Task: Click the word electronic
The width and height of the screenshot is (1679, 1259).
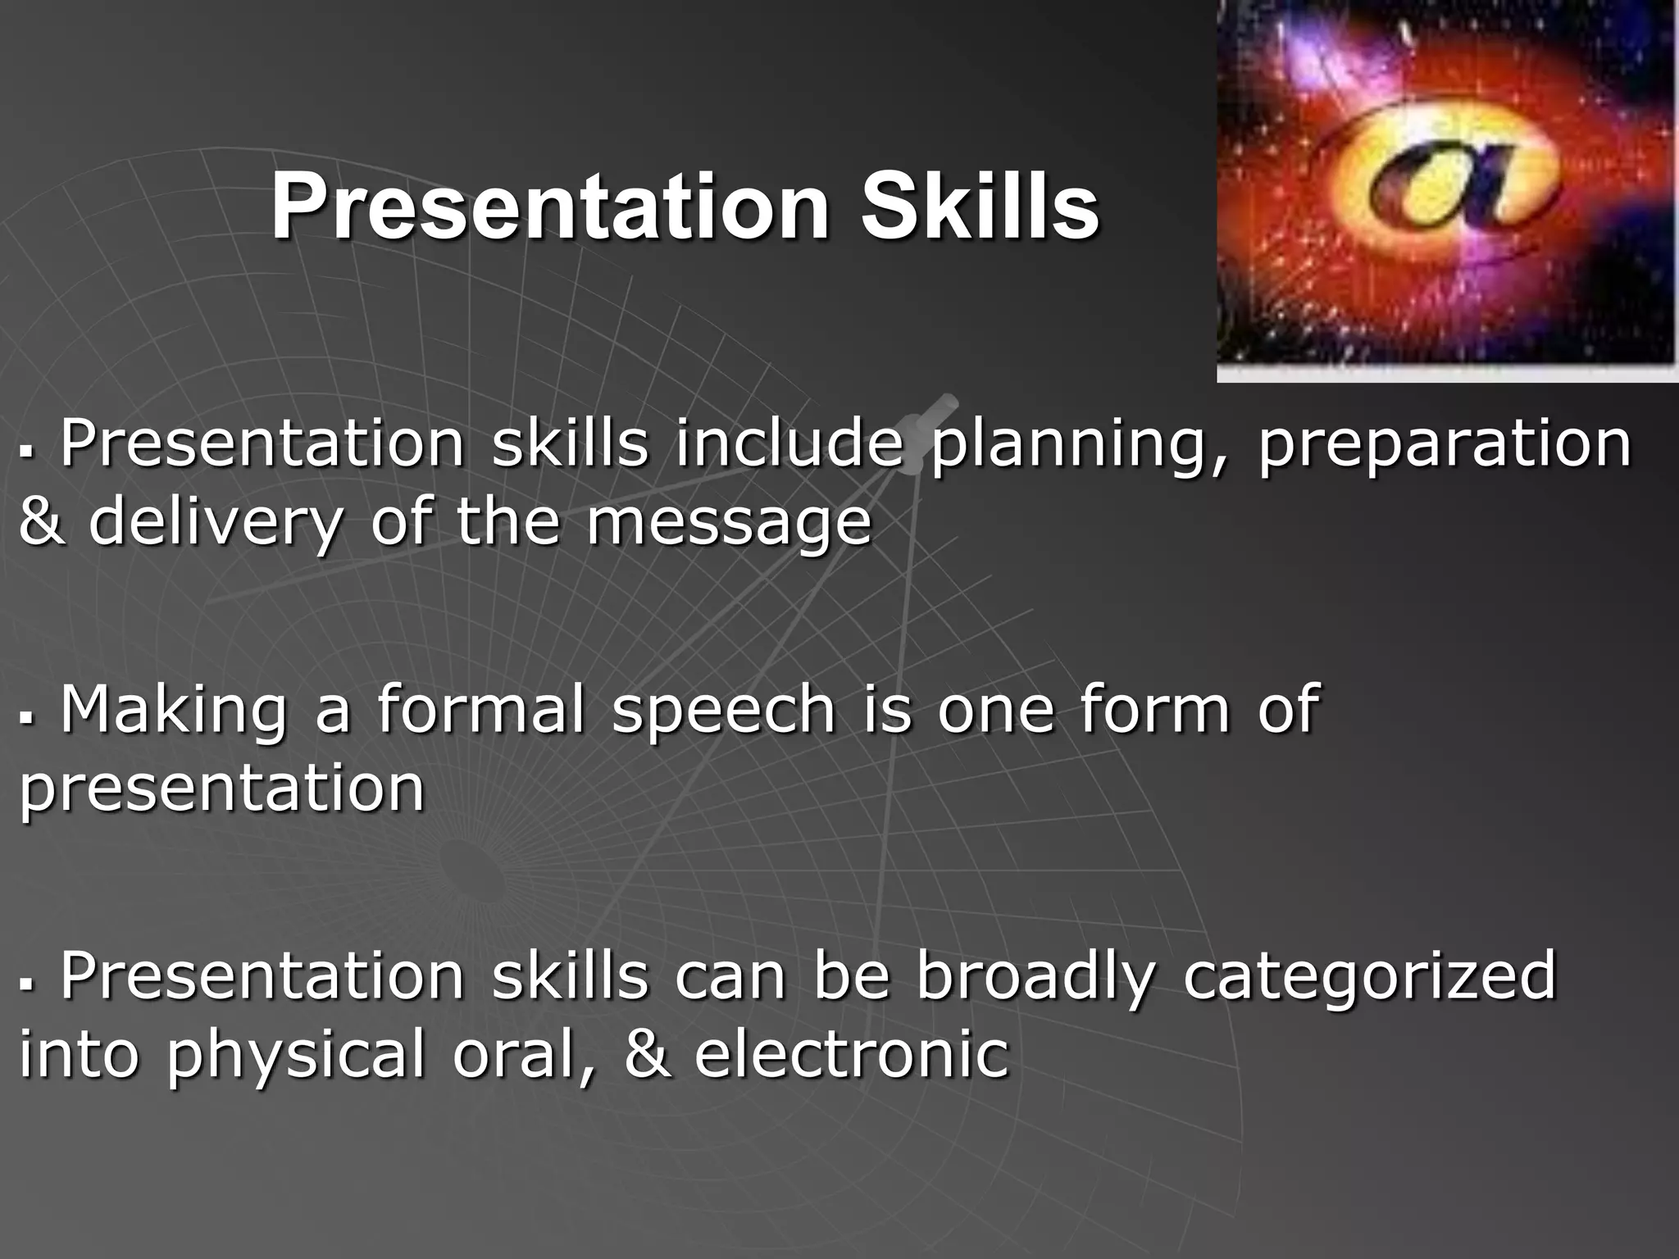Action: click(x=851, y=1054)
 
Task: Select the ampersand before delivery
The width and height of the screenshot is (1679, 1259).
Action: click(x=41, y=523)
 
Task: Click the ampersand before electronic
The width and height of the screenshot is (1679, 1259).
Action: click(x=647, y=1054)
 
